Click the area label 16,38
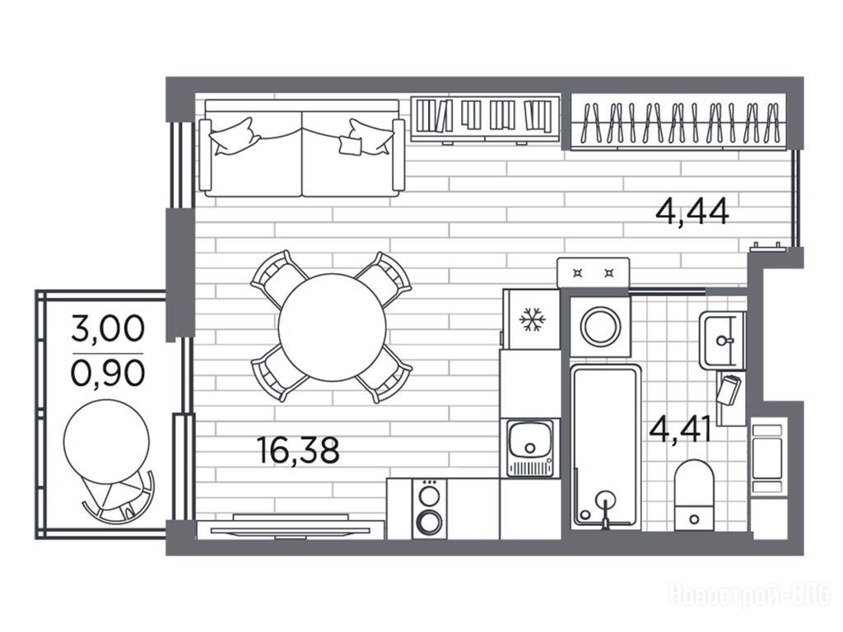298,450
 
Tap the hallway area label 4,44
692,211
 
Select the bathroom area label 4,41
681,430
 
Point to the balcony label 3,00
108,328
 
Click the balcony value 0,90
108,373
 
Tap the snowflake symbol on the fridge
532,319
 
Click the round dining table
333,327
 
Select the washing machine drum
600,326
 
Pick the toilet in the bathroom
694,494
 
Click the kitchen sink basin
531,440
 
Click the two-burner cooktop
430,508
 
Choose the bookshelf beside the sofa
485,118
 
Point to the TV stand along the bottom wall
291,530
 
